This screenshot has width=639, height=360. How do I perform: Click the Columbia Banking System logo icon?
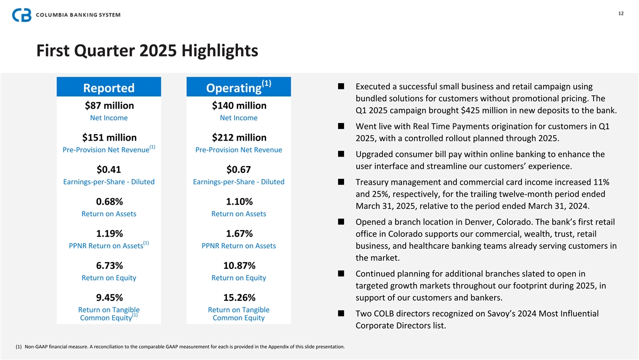pos(22,14)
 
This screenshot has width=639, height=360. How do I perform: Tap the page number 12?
pos(621,14)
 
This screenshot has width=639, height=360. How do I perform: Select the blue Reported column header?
pos(109,87)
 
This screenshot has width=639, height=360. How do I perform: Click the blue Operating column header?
pos(239,87)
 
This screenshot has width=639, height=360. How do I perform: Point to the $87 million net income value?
pos(109,105)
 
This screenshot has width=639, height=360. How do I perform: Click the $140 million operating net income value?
pos(239,105)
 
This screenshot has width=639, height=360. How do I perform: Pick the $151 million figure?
pos(109,137)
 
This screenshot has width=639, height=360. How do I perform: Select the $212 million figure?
pos(239,137)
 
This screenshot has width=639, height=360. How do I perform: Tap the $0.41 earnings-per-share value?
pos(109,169)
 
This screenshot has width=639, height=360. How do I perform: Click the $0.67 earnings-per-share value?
pos(239,169)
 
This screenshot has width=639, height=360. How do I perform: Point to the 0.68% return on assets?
pos(109,201)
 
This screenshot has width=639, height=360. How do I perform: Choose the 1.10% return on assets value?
pos(239,201)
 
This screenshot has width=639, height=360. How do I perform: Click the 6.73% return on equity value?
pos(109,265)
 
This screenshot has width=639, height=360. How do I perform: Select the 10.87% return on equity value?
pos(239,265)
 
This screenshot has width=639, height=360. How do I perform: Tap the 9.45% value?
pos(109,297)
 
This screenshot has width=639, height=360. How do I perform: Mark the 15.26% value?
pos(239,297)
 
